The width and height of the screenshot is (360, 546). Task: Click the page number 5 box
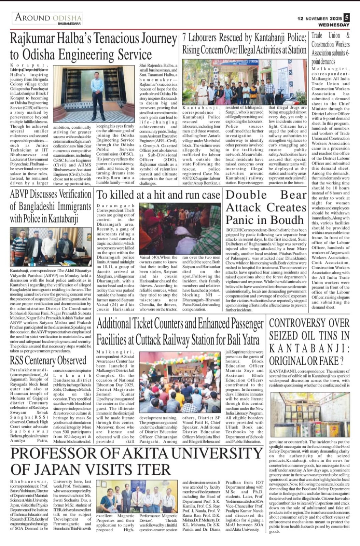pos(347,17)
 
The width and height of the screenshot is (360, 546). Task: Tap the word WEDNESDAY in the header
pos(334,25)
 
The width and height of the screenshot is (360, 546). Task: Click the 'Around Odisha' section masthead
pos(48,18)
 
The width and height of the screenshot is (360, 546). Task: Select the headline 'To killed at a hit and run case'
pos(158,195)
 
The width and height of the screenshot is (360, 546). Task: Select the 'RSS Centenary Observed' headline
pos(48,360)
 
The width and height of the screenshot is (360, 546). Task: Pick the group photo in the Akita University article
pos(137,496)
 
